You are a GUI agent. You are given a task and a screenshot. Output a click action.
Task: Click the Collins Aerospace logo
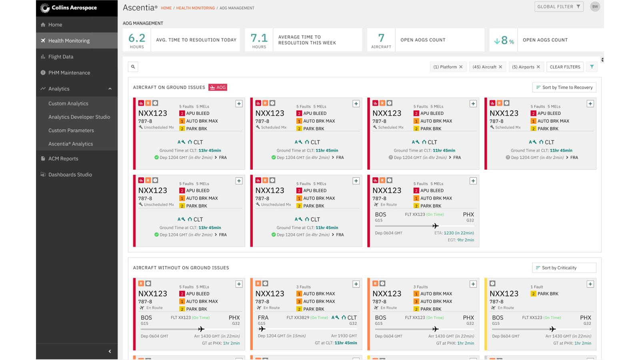pyautogui.click(x=69, y=8)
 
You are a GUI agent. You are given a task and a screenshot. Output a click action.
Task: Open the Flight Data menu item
pyautogui.click(x=60, y=57)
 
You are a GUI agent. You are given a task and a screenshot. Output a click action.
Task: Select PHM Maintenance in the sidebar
pyautogui.click(x=69, y=73)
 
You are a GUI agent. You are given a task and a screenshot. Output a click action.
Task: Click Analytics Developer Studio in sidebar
pyautogui.click(x=79, y=117)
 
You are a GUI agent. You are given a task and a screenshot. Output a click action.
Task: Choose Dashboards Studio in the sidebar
pyautogui.click(x=70, y=174)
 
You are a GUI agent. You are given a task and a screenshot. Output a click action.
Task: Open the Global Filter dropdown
pyautogui.click(x=558, y=7)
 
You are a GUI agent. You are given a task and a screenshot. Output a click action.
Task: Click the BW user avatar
pyautogui.click(x=595, y=7)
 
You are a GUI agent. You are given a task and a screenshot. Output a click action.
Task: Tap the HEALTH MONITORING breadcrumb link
pyautogui.click(x=195, y=8)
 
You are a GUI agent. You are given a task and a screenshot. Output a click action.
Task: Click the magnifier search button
pyautogui.click(x=133, y=67)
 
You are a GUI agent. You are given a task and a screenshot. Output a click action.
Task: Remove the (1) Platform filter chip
pyautogui.click(x=461, y=67)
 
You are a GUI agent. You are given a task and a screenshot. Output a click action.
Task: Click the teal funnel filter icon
pyautogui.click(x=592, y=67)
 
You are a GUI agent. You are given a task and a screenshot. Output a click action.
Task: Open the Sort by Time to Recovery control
pyautogui.click(x=564, y=87)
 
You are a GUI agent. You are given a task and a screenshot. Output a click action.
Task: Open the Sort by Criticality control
pyautogui.click(x=564, y=268)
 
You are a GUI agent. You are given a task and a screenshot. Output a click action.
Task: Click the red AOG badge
pyautogui.click(x=218, y=87)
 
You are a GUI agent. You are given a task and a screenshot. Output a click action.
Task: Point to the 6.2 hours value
pyautogui.click(x=137, y=38)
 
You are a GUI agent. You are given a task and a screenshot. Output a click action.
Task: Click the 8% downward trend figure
pyautogui.click(x=504, y=40)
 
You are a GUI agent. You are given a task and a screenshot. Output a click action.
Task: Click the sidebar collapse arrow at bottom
pyautogui.click(x=110, y=351)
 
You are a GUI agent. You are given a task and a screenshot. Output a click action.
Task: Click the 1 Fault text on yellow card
pyautogui.click(x=536, y=287)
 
